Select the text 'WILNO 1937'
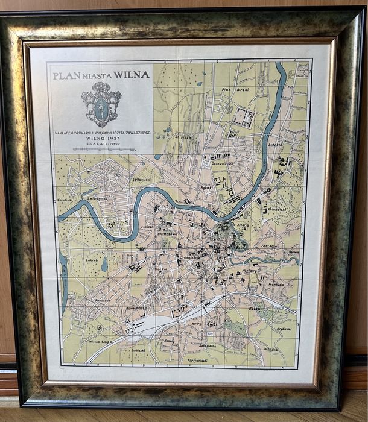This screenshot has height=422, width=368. (x=101, y=137)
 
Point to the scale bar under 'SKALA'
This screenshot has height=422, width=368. (x=101, y=149)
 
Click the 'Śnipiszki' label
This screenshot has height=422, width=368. (x=183, y=136)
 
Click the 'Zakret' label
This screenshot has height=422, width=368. (x=92, y=260)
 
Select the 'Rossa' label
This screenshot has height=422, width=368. (x=253, y=309)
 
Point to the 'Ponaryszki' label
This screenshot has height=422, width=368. (x=86, y=300)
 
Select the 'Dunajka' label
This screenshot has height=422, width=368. (x=271, y=349)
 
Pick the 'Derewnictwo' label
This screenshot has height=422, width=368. (x=221, y=163)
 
